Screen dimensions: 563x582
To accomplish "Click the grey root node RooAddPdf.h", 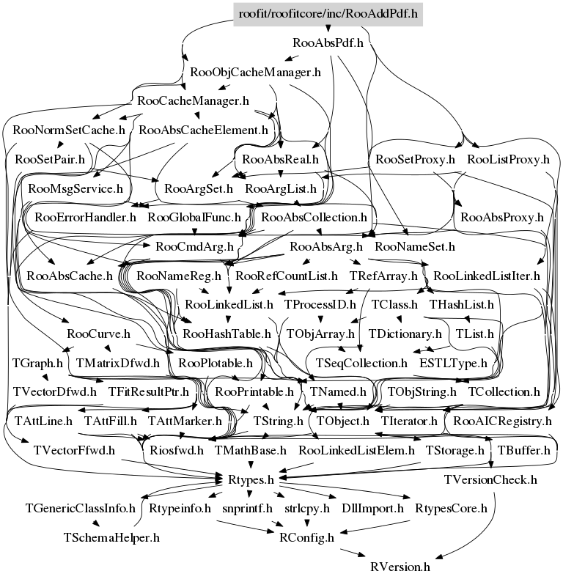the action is (x=328, y=15).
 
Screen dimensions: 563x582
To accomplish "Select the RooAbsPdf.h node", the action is (x=328, y=43).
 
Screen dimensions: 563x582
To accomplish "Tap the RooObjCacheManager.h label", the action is (x=255, y=72).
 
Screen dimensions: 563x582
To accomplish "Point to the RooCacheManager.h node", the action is (x=193, y=101).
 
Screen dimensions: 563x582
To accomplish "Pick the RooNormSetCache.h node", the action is (x=69, y=130).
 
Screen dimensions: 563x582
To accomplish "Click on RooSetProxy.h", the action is (x=415, y=159).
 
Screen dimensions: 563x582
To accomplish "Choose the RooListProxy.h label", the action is (x=508, y=159).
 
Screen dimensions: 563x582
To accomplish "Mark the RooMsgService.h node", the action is (x=76, y=188).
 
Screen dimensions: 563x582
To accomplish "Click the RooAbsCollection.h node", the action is (x=314, y=218).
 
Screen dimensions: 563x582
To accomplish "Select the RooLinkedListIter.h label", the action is (x=487, y=276).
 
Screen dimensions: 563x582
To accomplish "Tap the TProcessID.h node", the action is (x=320, y=305).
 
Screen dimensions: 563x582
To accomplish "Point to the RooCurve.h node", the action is (x=98, y=334).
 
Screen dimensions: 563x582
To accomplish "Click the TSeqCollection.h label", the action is (x=361, y=363).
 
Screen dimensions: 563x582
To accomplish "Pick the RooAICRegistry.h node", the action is (x=502, y=421).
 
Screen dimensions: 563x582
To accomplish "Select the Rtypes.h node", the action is (x=251, y=479).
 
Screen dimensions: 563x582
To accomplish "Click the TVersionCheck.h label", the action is (x=490, y=479).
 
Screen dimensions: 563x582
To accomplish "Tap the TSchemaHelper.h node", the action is (x=111, y=537).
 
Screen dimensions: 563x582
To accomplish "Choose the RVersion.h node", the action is (x=400, y=567).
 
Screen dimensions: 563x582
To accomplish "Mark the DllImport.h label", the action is (x=372, y=509).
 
